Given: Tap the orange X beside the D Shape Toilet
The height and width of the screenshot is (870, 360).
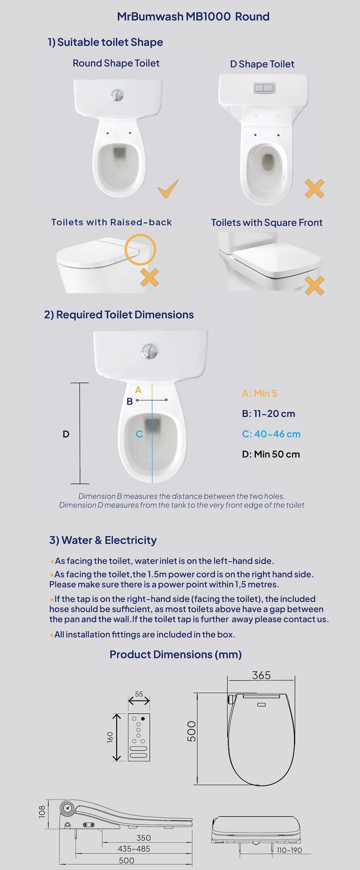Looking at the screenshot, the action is [314, 189].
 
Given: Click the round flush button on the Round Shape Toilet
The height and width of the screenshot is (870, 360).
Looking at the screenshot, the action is [117, 95].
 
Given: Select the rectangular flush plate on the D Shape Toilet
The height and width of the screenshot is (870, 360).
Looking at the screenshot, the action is [264, 88].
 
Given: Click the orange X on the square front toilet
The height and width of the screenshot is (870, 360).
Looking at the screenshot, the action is [314, 285].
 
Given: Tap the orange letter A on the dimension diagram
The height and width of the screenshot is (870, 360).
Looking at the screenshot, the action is [138, 390].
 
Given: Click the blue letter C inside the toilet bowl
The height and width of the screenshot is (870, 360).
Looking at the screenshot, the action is [139, 434].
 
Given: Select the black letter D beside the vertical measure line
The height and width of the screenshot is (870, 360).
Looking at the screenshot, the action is [66, 434].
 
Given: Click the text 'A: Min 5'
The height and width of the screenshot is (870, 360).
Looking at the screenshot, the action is [259, 394].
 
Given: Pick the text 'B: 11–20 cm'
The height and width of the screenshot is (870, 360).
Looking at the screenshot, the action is [268, 414].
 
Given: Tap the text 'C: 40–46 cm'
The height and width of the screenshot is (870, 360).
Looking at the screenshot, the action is [271, 434].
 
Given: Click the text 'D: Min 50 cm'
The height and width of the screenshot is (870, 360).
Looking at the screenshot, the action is [271, 454].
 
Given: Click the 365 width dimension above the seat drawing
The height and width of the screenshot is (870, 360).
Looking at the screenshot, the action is [261, 675].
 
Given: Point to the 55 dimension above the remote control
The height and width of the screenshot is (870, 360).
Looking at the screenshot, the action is [139, 694].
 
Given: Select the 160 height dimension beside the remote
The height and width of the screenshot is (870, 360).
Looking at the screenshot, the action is [110, 737].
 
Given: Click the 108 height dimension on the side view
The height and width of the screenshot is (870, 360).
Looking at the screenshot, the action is [42, 812].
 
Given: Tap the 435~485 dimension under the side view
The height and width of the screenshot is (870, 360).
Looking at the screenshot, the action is [134, 849].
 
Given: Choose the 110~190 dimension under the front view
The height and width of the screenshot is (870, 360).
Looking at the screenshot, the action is [289, 850].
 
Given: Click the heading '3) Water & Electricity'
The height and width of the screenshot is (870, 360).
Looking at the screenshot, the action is [103, 540].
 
